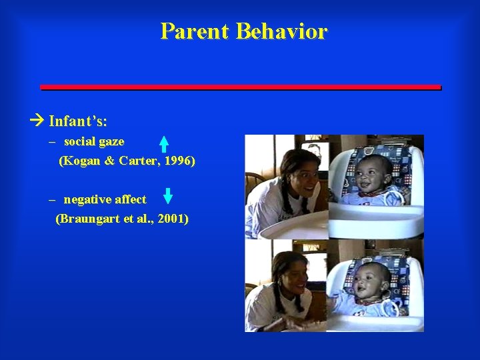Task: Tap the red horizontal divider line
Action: coord(240,87)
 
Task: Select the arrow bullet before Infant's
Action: coord(37,121)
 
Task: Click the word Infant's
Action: coord(78,122)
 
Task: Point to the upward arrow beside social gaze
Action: coord(163,145)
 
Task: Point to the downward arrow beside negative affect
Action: coord(168,196)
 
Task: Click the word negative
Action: coord(87,199)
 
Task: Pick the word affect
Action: coord(130,199)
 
